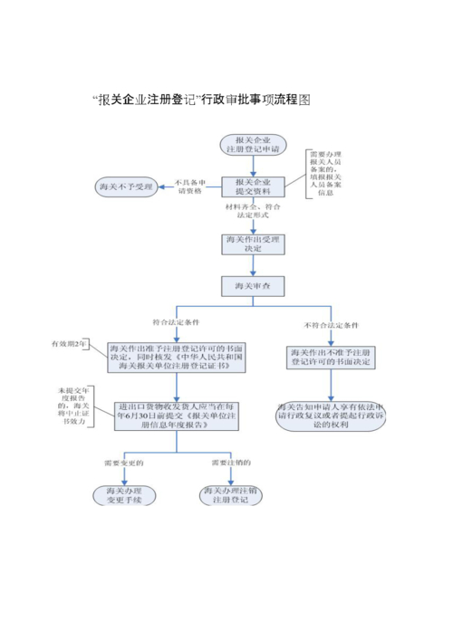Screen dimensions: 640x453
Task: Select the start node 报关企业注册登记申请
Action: (x=251, y=146)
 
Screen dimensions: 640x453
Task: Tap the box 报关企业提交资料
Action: (x=253, y=186)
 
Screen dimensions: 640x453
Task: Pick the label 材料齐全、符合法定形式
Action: (x=252, y=214)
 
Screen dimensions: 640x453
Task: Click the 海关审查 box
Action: (x=253, y=286)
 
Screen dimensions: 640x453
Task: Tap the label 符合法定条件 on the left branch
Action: (x=178, y=322)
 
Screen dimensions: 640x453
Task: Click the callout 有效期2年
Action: (x=71, y=344)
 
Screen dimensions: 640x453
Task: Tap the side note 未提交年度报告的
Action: (x=73, y=410)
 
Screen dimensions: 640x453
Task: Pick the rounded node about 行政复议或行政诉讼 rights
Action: (x=330, y=414)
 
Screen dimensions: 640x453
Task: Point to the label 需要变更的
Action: (x=125, y=464)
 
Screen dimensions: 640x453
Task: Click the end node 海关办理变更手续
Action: (x=124, y=495)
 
